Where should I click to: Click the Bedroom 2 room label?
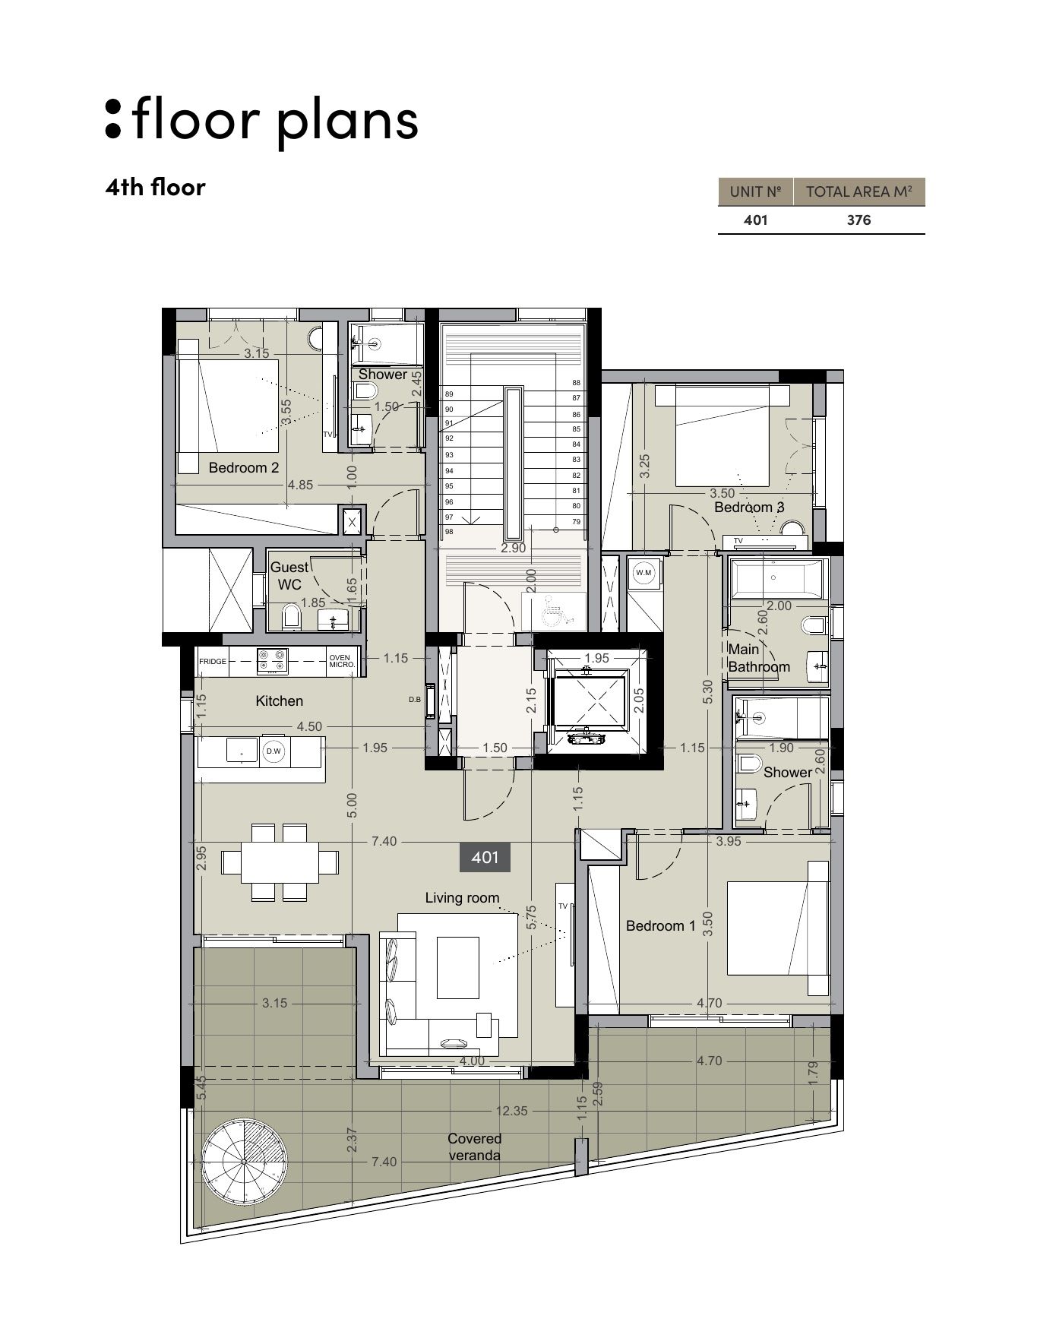pos(244,468)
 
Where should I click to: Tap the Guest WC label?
pos(289,576)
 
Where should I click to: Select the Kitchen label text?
pos(280,701)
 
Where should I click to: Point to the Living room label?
pos(462,898)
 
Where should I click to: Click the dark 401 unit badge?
pos(485,858)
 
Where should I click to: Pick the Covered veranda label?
pos(474,1147)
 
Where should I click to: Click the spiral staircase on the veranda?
pos(245,1162)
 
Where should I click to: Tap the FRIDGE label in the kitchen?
pos(213,662)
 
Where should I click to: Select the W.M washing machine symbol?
pos(644,572)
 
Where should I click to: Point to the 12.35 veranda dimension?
pos(511,1111)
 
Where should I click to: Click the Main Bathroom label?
pos(759,658)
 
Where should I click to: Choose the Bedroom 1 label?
pos(661,926)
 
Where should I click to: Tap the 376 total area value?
pos(859,220)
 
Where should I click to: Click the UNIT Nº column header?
pos(756,192)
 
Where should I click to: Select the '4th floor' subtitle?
pos(156,187)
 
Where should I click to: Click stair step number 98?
pos(449,532)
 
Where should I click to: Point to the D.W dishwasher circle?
pos(274,751)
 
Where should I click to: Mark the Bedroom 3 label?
pos(749,508)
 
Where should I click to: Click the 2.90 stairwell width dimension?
pos(514,549)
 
